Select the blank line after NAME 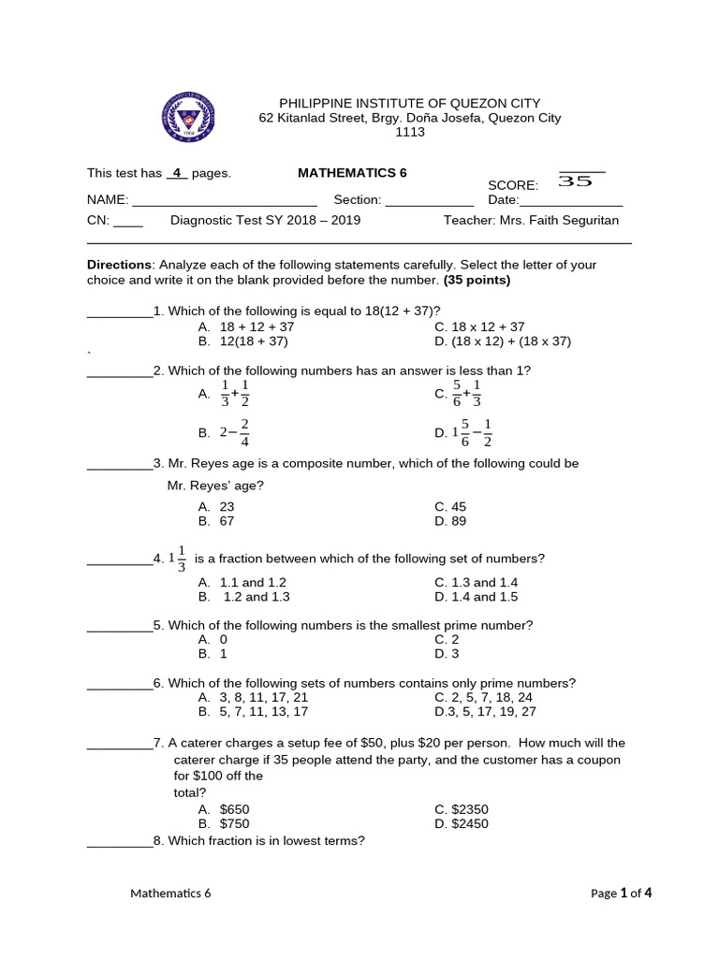(x=225, y=200)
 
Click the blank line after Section (x=430, y=200)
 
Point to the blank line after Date (x=571, y=200)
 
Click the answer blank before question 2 (x=120, y=371)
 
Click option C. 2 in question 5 (x=446, y=639)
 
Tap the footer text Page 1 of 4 (x=621, y=893)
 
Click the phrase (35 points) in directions (x=477, y=280)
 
